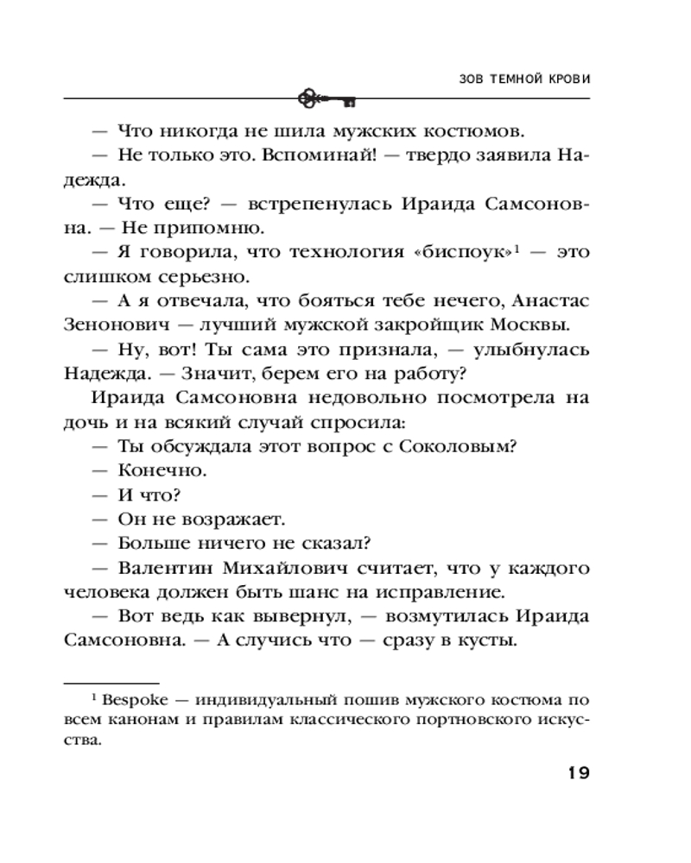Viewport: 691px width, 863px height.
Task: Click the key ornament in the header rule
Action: tap(326, 100)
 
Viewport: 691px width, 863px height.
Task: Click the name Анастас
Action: tap(550, 301)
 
